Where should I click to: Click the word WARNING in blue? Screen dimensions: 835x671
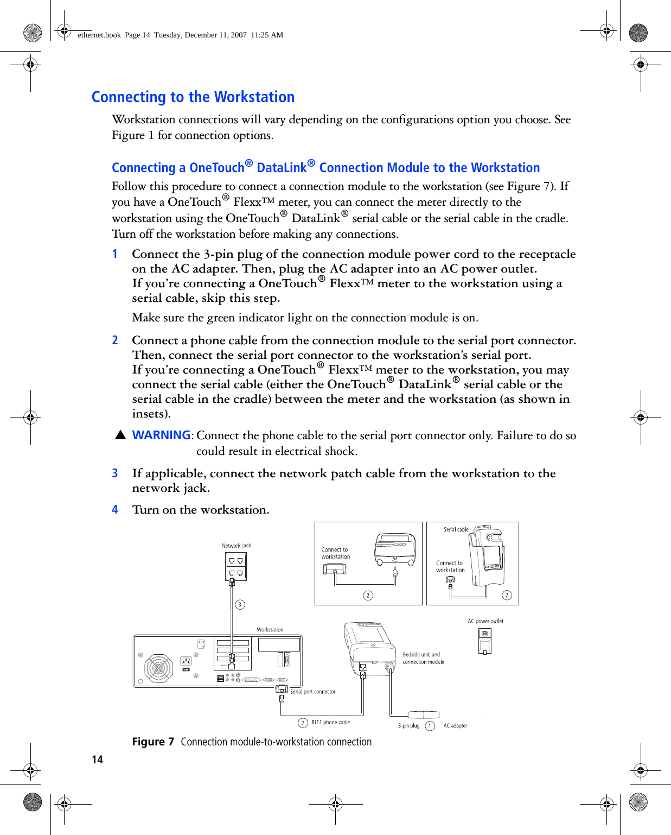pyautogui.click(x=161, y=435)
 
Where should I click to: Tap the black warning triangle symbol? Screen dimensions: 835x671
pyautogui.click(x=120, y=435)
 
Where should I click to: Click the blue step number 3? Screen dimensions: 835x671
pyautogui.click(x=115, y=473)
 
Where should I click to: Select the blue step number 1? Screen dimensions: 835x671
pyautogui.click(x=115, y=254)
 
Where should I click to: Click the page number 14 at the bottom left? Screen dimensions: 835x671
pyautogui.click(x=97, y=760)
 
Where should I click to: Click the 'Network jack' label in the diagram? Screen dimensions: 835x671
pyautogui.click(x=237, y=546)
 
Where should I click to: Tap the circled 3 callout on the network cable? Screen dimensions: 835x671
pyautogui.click(x=240, y=604)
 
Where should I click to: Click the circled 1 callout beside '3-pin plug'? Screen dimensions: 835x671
pyautogui.click(x=430, y=726)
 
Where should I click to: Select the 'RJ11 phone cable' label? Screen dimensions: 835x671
pyautogui.click(x=330, y=723)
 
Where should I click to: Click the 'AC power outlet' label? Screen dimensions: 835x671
pyautogui.click(x=485, y=621)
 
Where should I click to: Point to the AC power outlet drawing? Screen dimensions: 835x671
pyautogui.click(x=485, y=641)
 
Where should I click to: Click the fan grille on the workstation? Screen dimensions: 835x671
pyautogui.click(x=158, y=668)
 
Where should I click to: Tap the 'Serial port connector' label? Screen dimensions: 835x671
pyautogui.click(x=313, y=692)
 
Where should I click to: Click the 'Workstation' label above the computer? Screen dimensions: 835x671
pyautogui.click(x=270, y=630)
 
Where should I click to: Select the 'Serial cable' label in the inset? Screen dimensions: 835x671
pyautogui.click(x=456, y=529)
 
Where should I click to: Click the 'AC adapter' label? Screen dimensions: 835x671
pyautogui.click(x=455, y=726)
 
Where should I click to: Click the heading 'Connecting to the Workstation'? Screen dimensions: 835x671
pyautogui.click(x=193, y=97)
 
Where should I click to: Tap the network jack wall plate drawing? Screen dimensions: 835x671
pyautogui.click(x=236, y=566)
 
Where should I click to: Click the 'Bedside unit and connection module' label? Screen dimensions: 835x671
pyautogui.click(x=423, y=659)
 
